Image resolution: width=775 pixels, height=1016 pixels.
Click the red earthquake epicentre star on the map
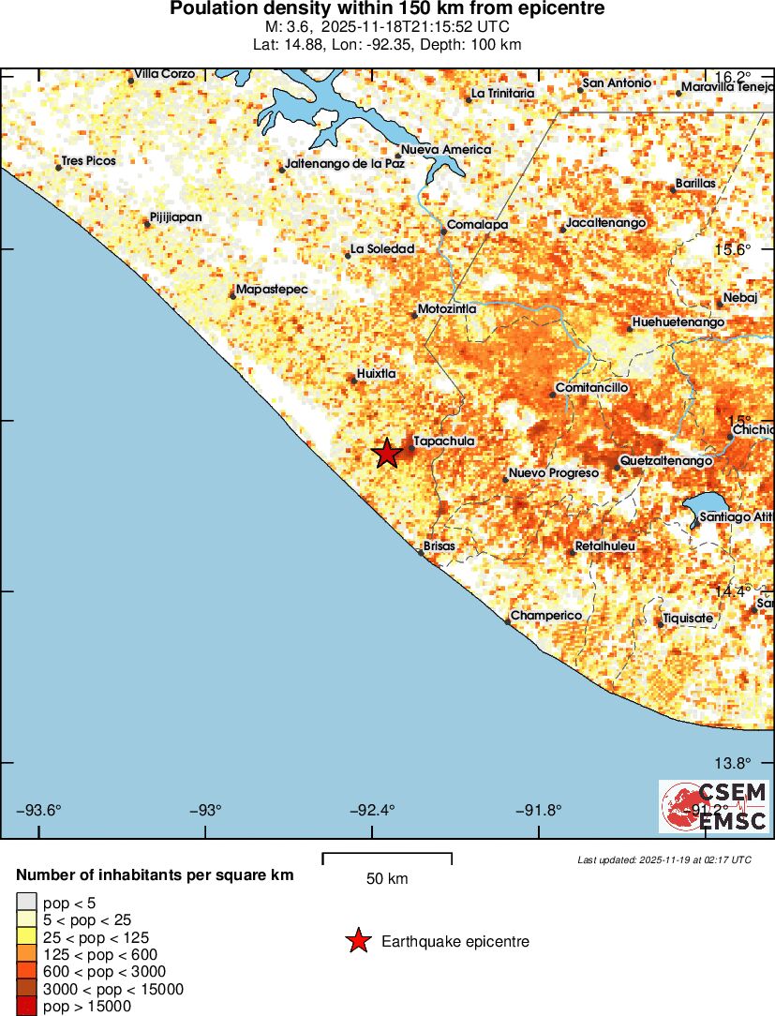(x=387, y=454)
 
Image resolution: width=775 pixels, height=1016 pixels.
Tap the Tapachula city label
(x=443, y=441)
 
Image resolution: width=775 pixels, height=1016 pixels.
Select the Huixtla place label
(x=376, y=373)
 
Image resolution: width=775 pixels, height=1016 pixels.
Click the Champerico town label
(x=546, y=615)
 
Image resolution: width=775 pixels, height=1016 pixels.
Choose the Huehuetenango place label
(x=678, y=322)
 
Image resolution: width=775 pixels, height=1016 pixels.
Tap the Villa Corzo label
(x=164, y=73)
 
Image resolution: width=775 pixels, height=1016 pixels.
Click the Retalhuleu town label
(x=604, y=545)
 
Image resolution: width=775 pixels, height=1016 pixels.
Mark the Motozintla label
(x=447, y=308)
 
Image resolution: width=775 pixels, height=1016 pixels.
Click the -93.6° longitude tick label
(x=39, y=810)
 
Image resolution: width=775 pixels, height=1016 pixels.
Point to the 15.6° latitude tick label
(x=733, y=249)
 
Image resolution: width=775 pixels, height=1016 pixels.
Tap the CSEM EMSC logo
(x=714, y=807)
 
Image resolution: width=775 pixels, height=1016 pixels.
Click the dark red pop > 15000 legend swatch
(x=25, y=1006)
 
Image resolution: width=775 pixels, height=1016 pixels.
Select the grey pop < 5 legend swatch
(x=25, y=904)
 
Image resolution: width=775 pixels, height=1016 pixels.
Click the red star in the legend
(x=358, y=941)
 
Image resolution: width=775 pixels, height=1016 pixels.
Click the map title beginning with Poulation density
(x=387, y=9)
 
